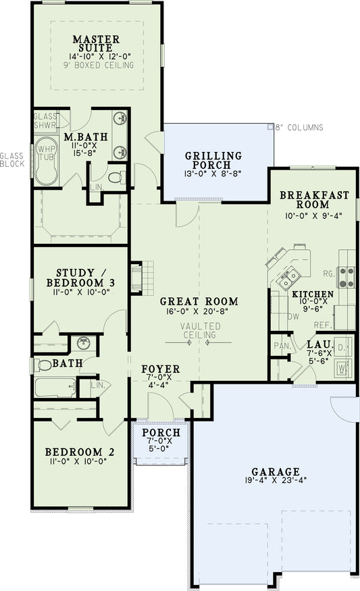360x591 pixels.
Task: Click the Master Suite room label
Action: coord(96,44)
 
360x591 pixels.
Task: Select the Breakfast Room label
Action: coord(314,201)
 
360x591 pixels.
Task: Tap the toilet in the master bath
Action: coord(116,178)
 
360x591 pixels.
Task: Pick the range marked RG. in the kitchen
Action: coord(346,274)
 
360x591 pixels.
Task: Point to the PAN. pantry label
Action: coord(281,346)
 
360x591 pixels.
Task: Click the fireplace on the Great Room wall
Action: coord(137,277)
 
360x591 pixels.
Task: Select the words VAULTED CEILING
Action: coord(199,330)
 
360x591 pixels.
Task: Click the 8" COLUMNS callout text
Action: coord(299,128)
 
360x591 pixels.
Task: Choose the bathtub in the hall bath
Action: coord(55,387)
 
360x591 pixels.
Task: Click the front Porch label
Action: coord(162,432)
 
